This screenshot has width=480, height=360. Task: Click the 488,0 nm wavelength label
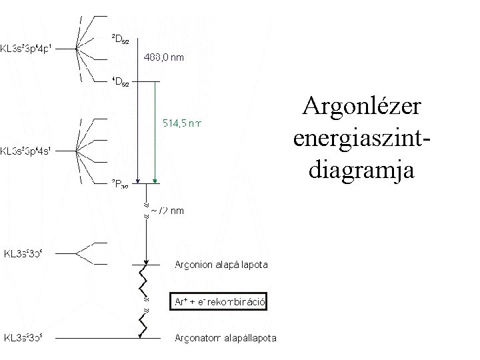coord(165,57)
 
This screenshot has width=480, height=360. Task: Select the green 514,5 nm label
coord(183,123)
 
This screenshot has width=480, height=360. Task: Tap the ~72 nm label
coord(167,211)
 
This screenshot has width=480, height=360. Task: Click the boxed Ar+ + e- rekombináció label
coord(219,302)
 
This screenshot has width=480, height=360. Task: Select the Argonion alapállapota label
coord(221,265)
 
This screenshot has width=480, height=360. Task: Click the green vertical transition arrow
coord(154,133)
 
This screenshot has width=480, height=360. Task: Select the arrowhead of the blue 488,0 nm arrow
coord(137,179)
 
